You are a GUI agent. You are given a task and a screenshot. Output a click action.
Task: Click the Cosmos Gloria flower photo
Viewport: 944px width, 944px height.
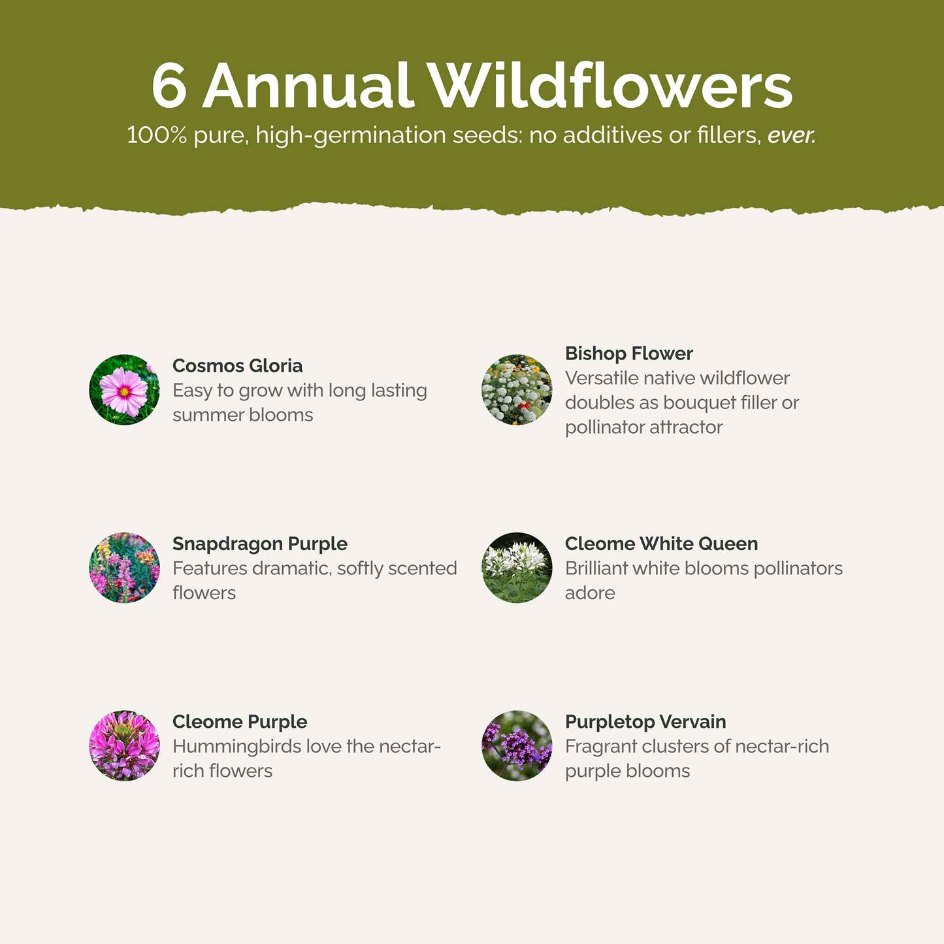(124, 389)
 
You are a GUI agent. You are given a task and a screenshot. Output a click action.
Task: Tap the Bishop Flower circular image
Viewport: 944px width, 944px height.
(517, 389)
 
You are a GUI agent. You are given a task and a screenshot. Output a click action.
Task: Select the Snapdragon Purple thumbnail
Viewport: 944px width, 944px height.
(124, 567)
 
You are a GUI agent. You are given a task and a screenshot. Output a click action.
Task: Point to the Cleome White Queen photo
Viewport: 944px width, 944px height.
(517, 567)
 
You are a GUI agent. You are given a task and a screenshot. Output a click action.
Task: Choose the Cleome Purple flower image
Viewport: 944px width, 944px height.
(124, 745)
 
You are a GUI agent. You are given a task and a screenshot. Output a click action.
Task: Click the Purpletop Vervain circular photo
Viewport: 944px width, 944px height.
(517, 745)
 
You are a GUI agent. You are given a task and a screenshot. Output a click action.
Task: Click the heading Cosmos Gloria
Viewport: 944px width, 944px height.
(238, 365)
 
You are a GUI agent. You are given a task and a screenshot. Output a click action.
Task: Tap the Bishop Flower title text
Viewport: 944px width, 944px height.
(629, 353)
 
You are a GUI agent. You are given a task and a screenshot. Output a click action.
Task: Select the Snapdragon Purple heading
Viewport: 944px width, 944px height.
(259, 544)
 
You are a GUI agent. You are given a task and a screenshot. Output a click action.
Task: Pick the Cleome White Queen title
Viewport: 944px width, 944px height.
(661, 544)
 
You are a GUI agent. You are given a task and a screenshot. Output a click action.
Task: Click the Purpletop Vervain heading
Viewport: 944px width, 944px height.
(645, 722)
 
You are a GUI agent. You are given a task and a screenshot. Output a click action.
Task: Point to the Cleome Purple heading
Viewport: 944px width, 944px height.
(240, 722)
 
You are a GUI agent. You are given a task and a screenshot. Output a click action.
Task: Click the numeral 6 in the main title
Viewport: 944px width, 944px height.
(169, 86)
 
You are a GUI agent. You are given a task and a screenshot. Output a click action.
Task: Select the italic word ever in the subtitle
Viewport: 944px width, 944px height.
(791, 135)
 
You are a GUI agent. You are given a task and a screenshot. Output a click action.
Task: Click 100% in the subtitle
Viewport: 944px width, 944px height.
(157, 135)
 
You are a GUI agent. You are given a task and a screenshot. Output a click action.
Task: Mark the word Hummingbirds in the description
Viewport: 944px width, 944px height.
(236, 747)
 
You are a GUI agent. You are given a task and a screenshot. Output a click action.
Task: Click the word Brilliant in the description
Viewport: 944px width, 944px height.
(596, 568)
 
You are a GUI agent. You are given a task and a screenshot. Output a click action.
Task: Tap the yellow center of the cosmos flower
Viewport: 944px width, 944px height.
(124, 391)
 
